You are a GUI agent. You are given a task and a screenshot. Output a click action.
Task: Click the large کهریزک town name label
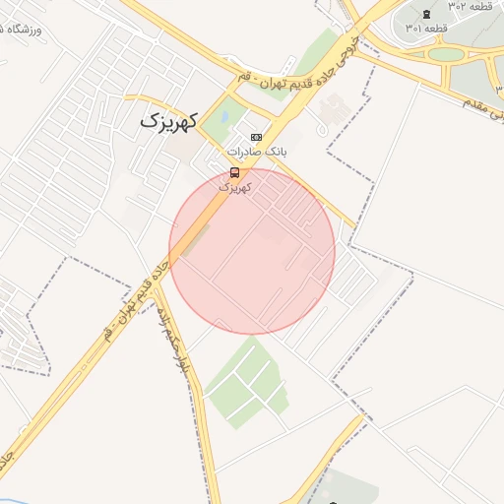click(168, 121)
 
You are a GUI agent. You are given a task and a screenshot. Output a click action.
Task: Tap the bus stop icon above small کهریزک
click(233, 173)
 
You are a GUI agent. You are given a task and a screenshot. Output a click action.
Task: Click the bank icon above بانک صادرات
click(257, 137)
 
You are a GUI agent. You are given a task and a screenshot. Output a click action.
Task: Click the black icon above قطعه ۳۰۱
click(424, 13)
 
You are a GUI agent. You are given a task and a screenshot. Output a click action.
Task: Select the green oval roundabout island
click(446, 54)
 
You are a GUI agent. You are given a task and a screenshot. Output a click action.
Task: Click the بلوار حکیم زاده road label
click(178, 341)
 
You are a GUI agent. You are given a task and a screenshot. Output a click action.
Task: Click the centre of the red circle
click(252, 251)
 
